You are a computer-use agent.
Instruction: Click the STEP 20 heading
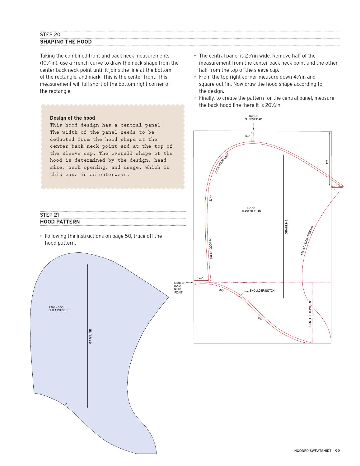[50, 35]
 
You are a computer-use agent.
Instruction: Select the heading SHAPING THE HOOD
[66, 42]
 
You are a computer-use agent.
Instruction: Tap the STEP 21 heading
[49, 215]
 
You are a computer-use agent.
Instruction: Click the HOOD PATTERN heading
[60, 222]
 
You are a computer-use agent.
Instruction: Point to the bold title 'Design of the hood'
[72, 118]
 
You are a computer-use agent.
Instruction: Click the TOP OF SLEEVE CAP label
[253, 118]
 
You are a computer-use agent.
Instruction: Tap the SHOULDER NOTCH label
[262, 291]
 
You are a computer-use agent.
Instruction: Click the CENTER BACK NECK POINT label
[180, 288]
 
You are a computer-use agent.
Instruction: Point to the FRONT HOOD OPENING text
[307, 240]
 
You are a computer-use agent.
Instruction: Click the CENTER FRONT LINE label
[310, 312]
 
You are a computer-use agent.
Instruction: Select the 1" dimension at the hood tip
[333, 190]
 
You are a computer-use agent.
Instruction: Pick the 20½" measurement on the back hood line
[211, 198]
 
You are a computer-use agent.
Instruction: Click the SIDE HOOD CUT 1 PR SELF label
[58, 309]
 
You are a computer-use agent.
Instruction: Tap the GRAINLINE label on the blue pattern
[91, 336]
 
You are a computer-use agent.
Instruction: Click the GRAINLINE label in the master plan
[286, 227]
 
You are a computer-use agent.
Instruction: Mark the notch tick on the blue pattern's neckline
[66, 404]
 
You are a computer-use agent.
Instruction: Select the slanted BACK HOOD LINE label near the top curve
[222, 164]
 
